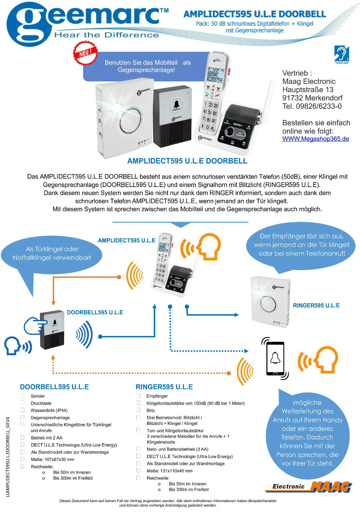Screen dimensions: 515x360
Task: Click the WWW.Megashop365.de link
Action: pos(316,139)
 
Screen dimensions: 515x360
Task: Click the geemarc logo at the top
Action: pos(87,23)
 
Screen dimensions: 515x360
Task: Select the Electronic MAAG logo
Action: pos(308,486)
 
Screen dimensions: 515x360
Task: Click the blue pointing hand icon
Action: pos(34,326)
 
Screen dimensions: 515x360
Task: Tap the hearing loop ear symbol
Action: pos(341,54)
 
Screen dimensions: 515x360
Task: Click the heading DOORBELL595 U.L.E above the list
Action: pos(54,387)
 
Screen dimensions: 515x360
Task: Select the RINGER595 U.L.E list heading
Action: pos(164,387)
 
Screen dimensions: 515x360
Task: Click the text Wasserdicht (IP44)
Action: pos(49,410)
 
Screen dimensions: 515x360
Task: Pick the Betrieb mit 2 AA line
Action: pos(47,438)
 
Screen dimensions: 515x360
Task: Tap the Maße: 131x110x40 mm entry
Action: pos(169,471)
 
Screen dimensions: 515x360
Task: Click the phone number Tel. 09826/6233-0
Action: pos(312,106)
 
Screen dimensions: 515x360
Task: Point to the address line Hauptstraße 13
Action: pos(308,90)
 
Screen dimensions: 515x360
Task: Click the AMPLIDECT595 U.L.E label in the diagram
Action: pos(127,240)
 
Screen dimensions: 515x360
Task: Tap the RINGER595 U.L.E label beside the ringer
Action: pos(316,305)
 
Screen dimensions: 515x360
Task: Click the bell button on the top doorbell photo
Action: pos(176,105)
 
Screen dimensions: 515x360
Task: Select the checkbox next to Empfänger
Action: pos(138,396)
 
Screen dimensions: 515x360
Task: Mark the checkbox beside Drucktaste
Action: pos(23,403)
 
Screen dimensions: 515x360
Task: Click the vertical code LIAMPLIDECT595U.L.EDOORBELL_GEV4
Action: pos(8,457)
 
